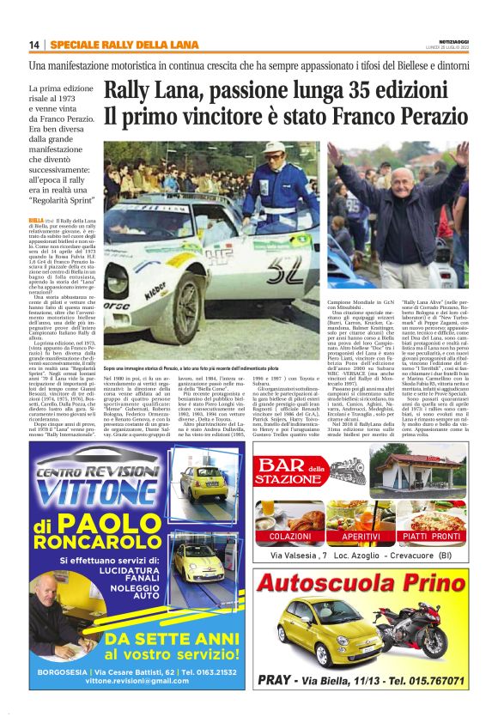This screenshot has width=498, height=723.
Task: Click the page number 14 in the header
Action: click(34, 45)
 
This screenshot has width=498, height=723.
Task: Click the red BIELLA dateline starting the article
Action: click(36, 220)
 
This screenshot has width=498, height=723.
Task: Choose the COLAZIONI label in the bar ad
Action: click(289, 536)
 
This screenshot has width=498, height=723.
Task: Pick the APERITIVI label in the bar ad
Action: click(361, 536)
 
